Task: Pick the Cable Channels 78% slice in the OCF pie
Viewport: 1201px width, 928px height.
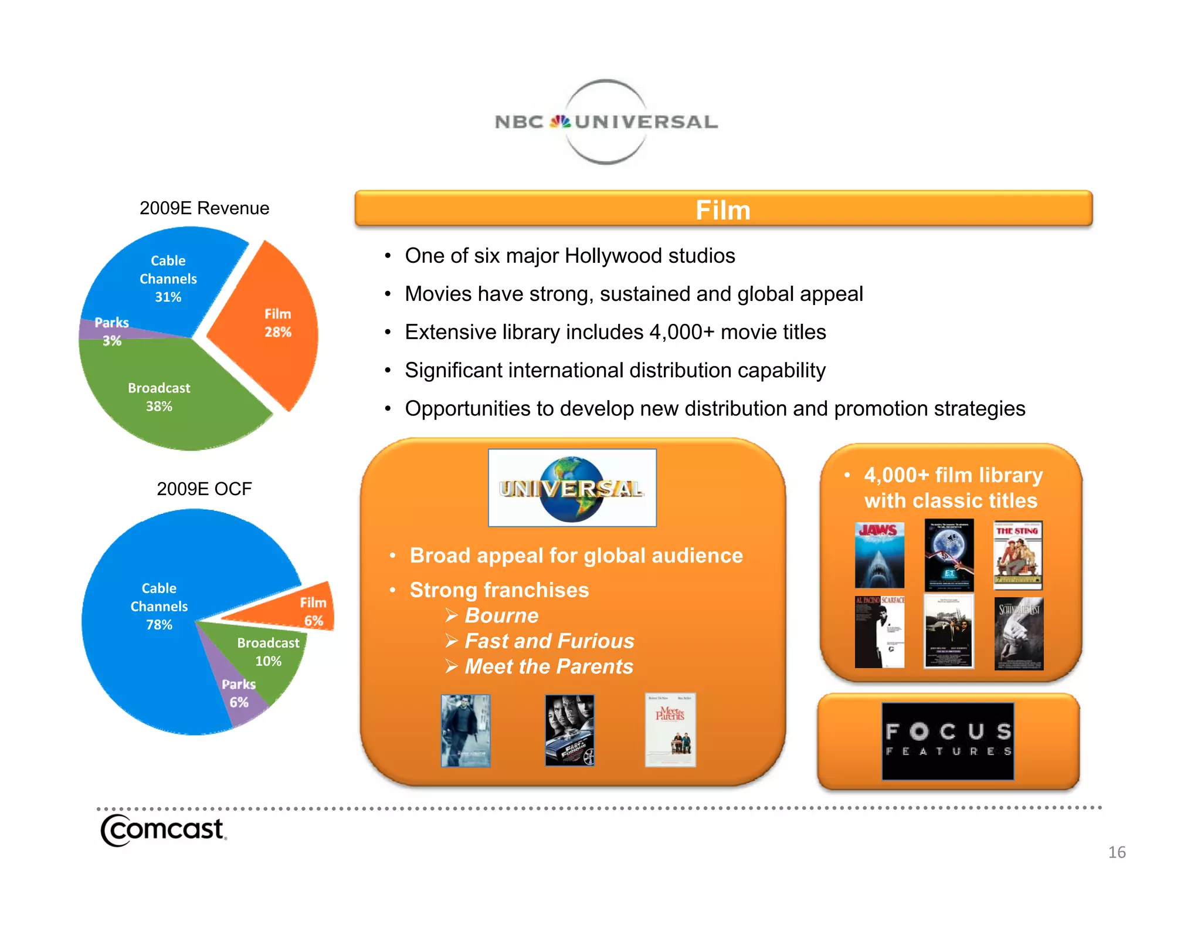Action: coord(152,610)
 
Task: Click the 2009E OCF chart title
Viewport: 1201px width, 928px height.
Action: coord(204,489)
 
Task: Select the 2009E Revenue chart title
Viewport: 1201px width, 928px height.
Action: coord(204,208)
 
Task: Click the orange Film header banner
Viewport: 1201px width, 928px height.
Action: coord(723,209)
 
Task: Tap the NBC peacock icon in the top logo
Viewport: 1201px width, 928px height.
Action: coord(560,121)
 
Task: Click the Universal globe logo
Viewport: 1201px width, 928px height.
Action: coord(572,488)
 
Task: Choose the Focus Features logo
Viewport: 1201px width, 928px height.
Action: coord(948,741)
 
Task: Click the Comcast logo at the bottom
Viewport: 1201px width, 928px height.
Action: coord(163,830)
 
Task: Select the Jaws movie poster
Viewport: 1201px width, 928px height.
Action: coord(879,555)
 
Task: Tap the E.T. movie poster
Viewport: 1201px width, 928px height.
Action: coord(949,555)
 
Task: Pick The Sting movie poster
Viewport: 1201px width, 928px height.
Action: coord(1018,555)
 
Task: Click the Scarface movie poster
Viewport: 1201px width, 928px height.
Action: coord(879,632)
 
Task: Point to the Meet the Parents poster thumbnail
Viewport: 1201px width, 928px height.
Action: coord(670,730)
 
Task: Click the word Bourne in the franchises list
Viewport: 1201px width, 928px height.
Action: coord(501,615)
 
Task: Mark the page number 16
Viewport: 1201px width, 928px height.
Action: coord(1117,852)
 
